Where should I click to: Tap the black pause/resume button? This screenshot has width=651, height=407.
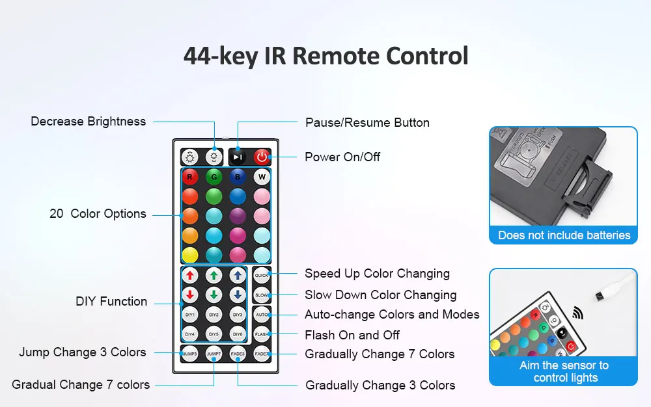[x=238, y=157]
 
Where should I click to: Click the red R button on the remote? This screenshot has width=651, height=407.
[x=189, y=177]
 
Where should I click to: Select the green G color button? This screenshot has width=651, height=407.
[x=214, y=177]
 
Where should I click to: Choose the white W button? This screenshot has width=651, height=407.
[x=262, y=177]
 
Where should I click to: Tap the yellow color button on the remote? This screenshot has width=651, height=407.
[x=189, y=254]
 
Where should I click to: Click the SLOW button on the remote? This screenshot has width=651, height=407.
[x=262, y=295]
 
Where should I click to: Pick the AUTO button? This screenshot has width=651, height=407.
[x=262, y=315]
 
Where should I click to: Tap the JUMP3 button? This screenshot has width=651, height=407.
[x=189, y=354]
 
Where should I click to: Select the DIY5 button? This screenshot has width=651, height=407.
[x=214, y=334]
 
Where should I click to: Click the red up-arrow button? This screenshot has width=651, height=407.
[x=189, y=275]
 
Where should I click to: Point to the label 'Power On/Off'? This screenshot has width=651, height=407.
[x=342, y=157]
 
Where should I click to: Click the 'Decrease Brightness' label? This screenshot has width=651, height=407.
[x=89, y=122]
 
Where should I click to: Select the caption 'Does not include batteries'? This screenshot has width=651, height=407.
[x=564, y=235]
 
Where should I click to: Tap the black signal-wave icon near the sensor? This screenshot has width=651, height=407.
[x=577, y=313]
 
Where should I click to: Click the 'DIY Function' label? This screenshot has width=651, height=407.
[x=111, y=302]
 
